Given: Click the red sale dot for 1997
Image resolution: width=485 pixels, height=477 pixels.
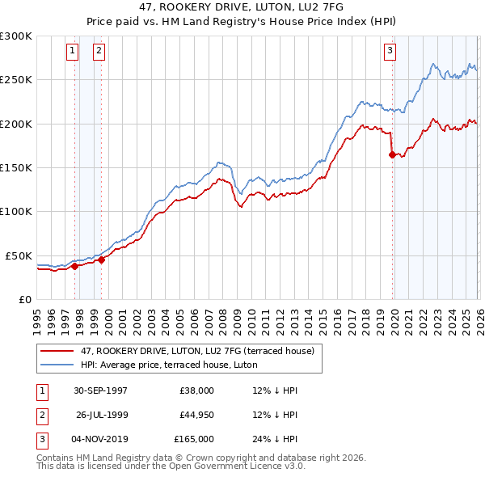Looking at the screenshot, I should click(x=75, y=265).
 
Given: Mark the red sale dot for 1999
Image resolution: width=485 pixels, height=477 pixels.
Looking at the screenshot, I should click(x=102, y=260).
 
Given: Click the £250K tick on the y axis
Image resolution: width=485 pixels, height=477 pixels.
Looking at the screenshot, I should click(x=16, y=80).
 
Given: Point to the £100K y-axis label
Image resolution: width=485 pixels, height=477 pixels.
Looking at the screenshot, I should click(x=16, y=212).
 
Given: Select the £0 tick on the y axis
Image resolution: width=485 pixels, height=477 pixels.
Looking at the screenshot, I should click(x=24, y=299).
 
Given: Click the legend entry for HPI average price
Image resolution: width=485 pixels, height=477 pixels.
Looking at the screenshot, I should click(x=168, y=365).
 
